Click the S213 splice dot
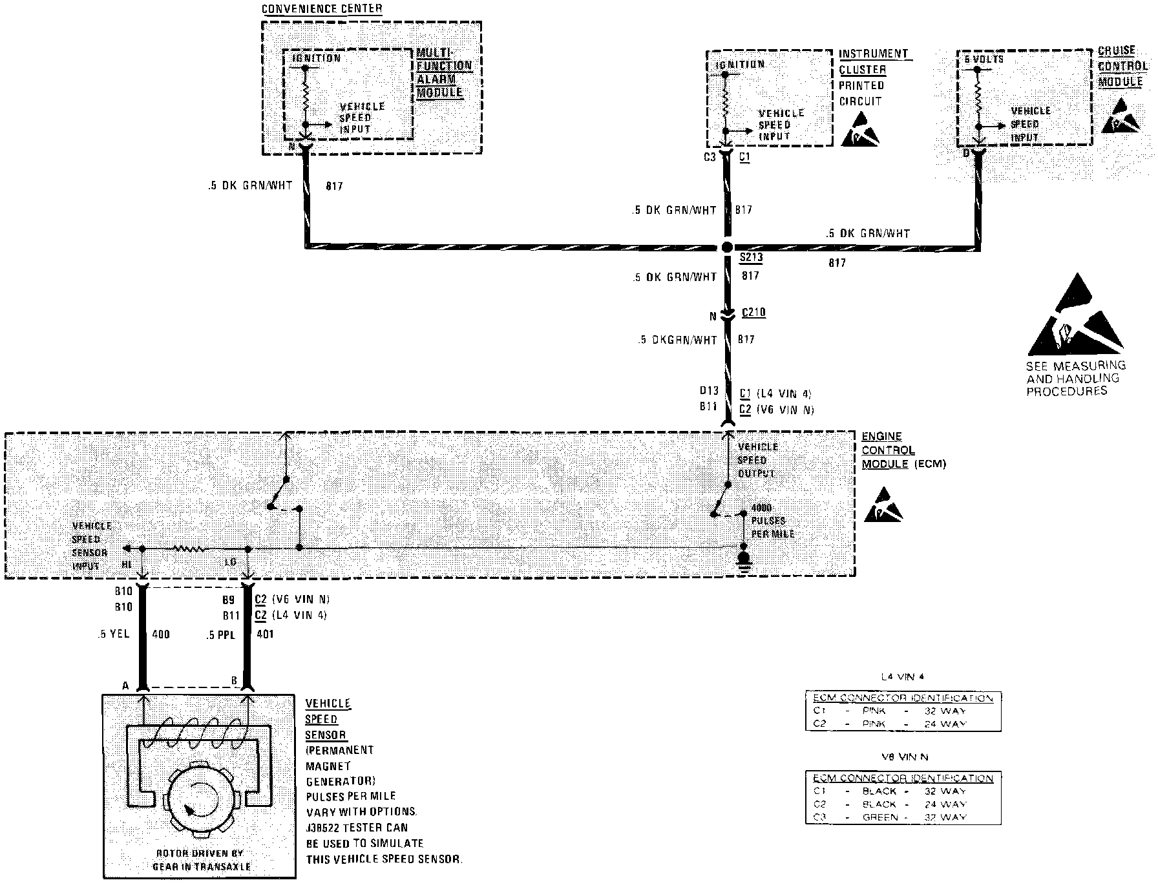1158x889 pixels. click(726, 247)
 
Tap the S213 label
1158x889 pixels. click(752, 258)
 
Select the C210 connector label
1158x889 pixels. click(753, 313)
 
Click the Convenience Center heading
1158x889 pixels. click(322, 9)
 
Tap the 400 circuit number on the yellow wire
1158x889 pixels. click(160, 634)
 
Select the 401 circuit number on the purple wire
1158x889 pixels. click(265, 634)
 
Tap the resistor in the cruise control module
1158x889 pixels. click(978, 96)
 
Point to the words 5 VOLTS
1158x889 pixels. click(984, 59)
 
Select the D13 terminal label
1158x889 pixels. click(708, 391)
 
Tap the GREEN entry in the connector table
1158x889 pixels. click(879, 817)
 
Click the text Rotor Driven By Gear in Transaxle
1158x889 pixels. click(200, 860)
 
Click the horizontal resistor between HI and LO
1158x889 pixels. click(188, 549)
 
